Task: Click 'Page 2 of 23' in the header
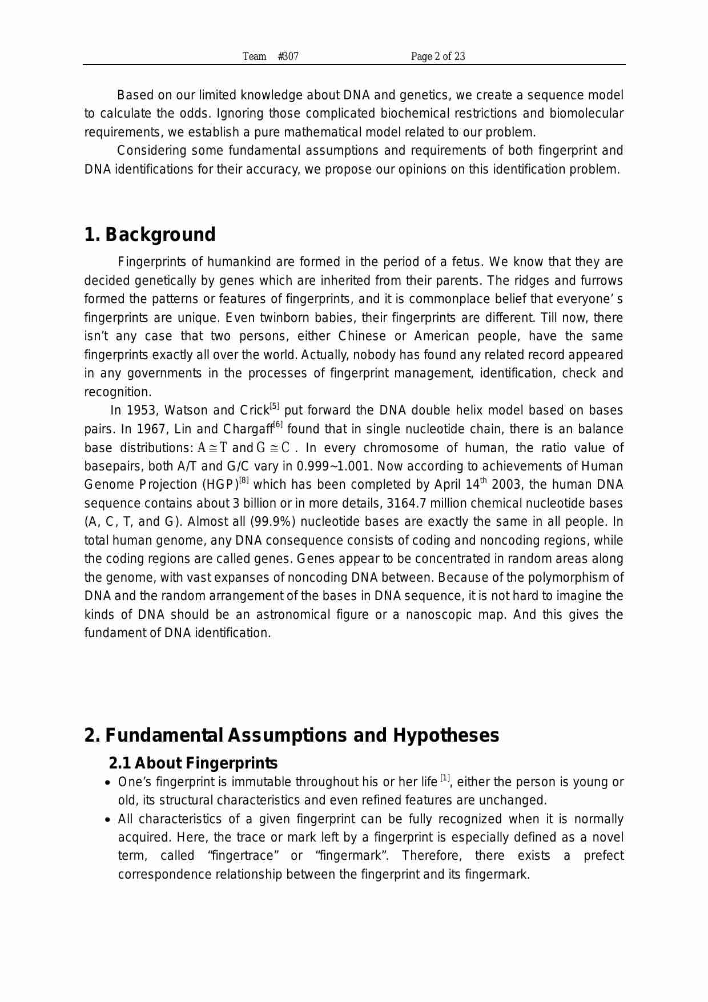437,56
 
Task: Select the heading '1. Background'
150,235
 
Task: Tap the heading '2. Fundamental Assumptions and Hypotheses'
291,735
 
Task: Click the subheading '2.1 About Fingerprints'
193,763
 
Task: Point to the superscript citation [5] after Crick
275,407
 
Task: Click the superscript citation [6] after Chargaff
278,425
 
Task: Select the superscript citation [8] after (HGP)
244,481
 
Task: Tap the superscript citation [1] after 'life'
445,778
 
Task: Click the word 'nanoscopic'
439,615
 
